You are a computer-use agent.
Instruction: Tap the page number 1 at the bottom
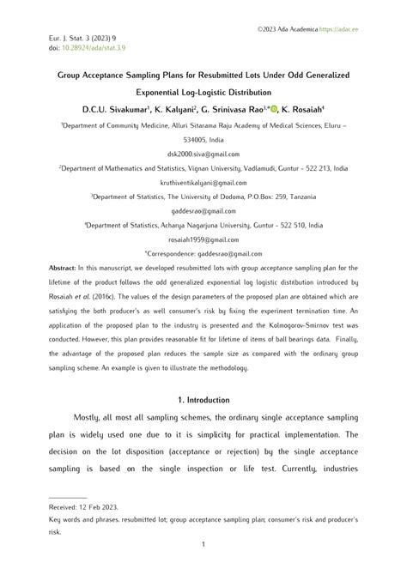[203, 545]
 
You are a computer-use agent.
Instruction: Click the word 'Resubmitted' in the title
[234, 76]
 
